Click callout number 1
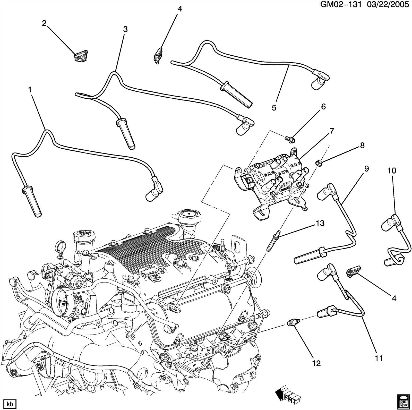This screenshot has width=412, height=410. click(30, 90)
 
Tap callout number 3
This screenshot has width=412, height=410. click(125, 29)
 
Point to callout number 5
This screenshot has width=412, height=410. click(274, 108)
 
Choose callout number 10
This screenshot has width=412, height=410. click(392, 170)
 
